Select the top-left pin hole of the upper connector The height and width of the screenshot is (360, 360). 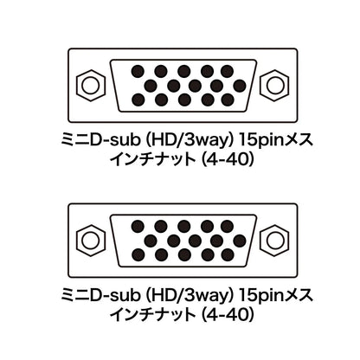[x=138, y=71]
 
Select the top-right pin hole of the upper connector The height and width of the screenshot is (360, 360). [x=228, y=71]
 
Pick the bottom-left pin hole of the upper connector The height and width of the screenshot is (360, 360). [x=138, y=100]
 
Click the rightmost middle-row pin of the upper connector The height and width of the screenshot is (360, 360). [x=240, y=86]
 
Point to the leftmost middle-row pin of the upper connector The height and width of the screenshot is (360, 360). [x=151, y=86]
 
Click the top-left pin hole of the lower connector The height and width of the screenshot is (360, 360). [x=138, y=227]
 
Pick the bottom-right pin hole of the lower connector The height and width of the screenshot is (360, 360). [x=228, y=255]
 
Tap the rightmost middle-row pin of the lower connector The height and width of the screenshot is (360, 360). [x=240, y=241]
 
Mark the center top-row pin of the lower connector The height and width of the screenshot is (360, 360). [x=184, y=227]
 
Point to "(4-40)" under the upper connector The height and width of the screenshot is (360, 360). [x=228, y=159]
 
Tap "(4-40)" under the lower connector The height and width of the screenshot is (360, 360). [x=228, y=315]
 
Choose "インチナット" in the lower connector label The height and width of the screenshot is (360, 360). [x=152, y=315]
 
